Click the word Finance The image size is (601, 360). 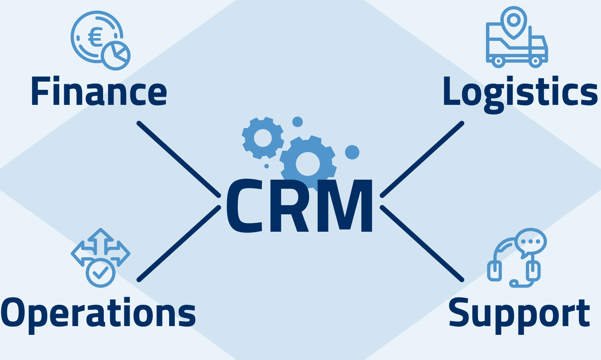coord(99,92)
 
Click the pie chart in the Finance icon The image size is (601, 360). coord(116,55)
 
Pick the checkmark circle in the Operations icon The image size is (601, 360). coord(100,273)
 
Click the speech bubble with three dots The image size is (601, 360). coord(531,242)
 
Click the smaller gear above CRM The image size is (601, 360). coord(263,138)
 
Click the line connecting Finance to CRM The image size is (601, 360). coord(179,159)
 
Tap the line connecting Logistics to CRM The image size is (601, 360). coord(422,159)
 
